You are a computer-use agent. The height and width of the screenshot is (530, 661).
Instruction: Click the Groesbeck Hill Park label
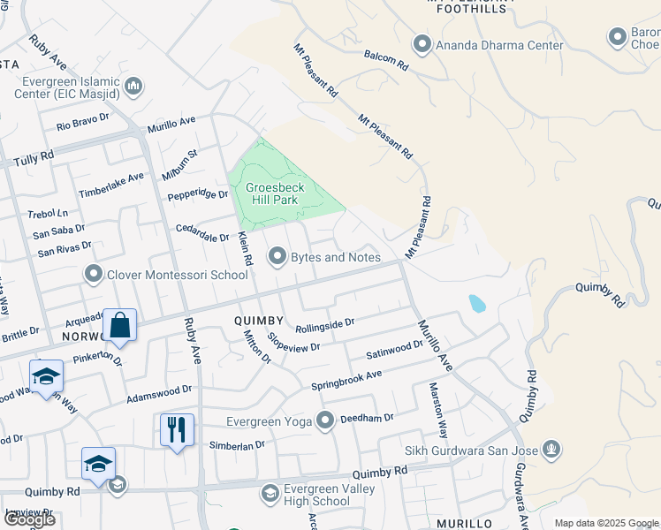pos(276,193)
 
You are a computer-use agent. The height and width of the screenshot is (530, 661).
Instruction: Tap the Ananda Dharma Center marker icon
pos(422,44)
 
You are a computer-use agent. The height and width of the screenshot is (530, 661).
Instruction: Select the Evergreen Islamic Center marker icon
pos(133,86)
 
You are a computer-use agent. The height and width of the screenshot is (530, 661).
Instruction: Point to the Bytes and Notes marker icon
pos(277,257)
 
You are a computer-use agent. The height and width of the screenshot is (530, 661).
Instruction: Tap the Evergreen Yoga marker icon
pos(326,420)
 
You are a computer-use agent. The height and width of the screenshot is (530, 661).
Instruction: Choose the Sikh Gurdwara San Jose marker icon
pos(552,450)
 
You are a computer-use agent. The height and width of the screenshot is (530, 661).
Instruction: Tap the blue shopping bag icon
pos(119,325)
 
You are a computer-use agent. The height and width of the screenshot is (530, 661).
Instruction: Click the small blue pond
pos(477,304)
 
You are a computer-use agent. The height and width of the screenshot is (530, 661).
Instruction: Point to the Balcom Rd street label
pos(385,60)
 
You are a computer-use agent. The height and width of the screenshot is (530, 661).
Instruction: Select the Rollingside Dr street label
pos(324,324)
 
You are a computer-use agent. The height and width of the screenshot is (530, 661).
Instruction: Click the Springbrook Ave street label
pos(346,381)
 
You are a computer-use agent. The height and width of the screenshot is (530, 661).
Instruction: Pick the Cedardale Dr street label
pos(204,231)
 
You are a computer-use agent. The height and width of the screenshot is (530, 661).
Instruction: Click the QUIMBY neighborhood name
pos(259,320)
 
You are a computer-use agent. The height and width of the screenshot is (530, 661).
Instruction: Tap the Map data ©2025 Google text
pos(606,523)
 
